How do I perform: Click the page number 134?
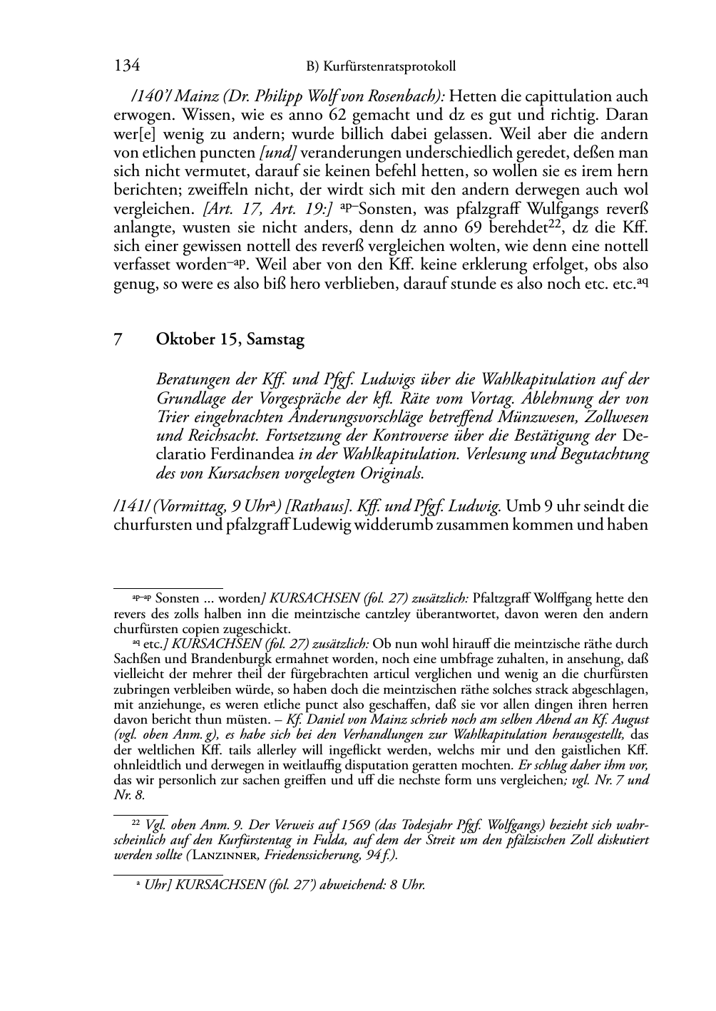126,66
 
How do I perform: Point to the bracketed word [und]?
279,153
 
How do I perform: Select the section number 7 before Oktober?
118,340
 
